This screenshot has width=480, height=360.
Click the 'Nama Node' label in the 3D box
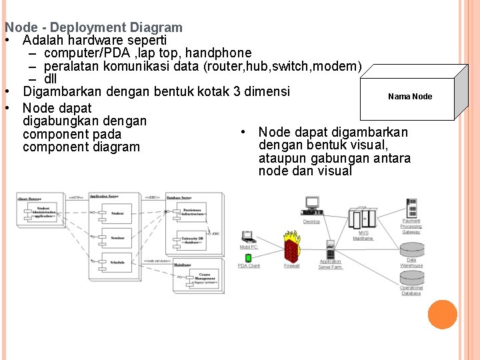[410, 97]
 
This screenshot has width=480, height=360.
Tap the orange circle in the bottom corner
[443, 315]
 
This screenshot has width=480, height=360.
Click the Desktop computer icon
[311, 206]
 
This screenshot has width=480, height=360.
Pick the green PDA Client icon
[248, 257]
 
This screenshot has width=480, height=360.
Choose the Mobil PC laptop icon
[248, 237]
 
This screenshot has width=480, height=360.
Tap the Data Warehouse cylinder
[411, 249]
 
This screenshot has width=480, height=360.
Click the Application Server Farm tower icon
[329, 249]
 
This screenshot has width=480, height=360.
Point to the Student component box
[117, 213]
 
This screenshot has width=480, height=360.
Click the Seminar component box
[117, 237]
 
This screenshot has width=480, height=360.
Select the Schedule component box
[117, 262]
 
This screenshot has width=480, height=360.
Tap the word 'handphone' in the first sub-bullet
[220, 53]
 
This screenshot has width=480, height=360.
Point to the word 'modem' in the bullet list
[341, 66]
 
